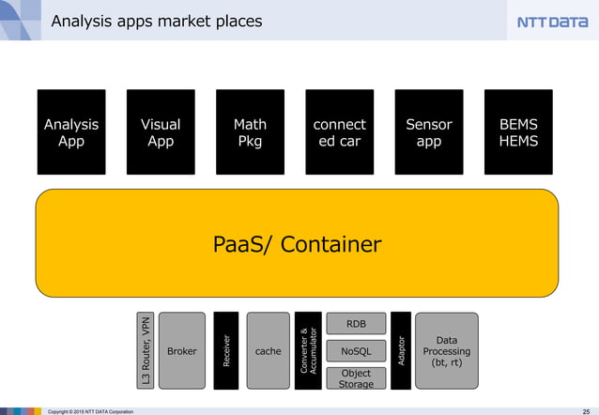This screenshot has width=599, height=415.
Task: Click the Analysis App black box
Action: (71, 132)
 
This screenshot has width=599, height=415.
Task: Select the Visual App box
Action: (161, 132)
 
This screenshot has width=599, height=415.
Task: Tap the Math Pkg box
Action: (250, 132)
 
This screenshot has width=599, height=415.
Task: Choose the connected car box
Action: (339, 132)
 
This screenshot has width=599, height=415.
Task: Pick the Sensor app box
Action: (429, 132)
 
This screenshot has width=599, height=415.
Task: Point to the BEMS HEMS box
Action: (518, 132)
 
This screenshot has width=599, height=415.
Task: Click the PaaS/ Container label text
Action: (297, 245)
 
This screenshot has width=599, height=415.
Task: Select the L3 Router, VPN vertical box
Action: (146, 350)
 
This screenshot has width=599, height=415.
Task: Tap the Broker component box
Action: (182, 350)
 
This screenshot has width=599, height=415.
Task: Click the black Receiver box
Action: (226, 350)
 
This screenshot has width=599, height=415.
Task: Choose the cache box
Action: (268, 350)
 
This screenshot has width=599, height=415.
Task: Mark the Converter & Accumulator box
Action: (308, 350)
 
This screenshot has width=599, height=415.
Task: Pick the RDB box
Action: (356, 324)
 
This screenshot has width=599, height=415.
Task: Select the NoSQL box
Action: (356, 351)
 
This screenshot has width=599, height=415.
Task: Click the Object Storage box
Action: (356, 378)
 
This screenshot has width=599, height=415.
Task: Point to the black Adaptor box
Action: (401, 350)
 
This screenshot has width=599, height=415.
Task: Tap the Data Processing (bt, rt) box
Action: (446, 350)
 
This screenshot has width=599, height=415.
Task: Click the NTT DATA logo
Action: (553, 22)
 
